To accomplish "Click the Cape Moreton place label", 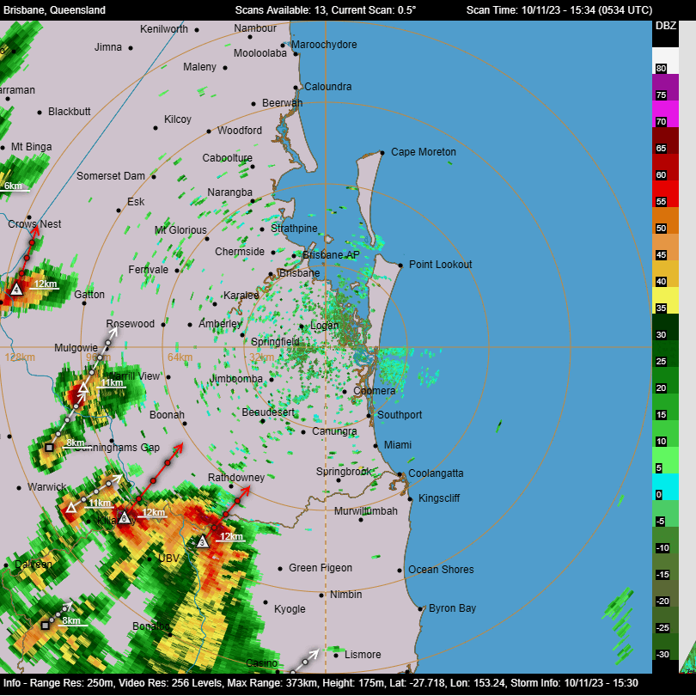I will [424, 152].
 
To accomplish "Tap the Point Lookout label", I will [440, 265].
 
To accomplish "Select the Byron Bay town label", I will [452, 608].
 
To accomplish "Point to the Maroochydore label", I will [324, 45].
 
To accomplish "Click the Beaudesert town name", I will [268, 412].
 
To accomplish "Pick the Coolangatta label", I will [436, 473].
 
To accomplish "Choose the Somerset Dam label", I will [111, 176].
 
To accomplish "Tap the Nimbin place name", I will [345, 595].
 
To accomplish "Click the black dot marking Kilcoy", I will [156, 127].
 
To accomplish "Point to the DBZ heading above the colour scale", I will [666, 26].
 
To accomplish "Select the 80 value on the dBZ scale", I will [661, 68].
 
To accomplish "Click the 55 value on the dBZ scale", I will [661, 201].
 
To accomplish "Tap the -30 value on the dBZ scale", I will [662, 655].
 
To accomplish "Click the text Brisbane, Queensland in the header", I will [55, 9].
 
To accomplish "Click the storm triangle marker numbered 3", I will [202, 542].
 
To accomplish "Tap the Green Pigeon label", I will [321, 568].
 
